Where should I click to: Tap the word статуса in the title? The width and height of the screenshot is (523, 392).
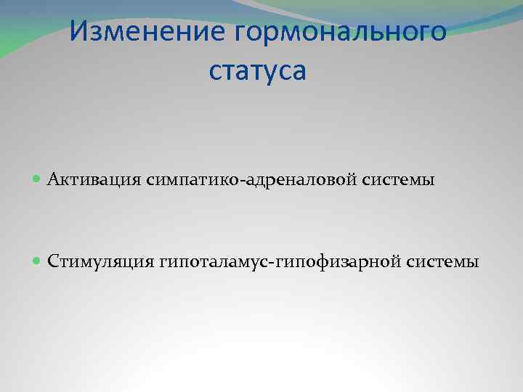pos(258,70)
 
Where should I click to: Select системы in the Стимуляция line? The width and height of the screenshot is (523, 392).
pos(443,261)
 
